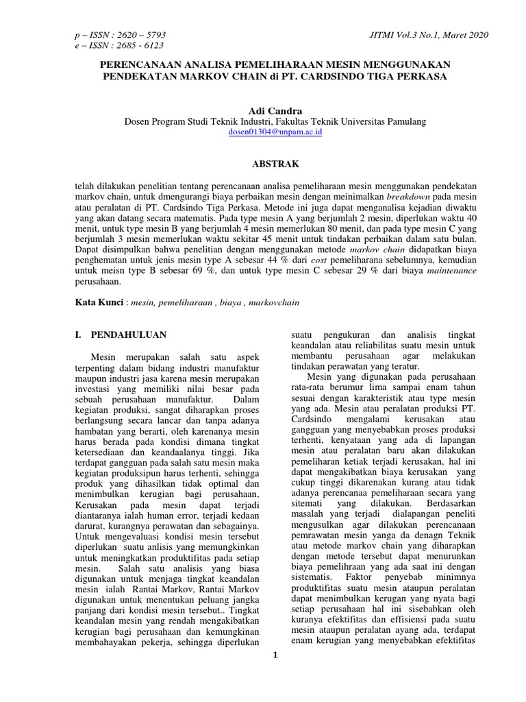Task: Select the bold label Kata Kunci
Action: coord(99,302)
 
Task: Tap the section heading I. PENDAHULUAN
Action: coord(121,335)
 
